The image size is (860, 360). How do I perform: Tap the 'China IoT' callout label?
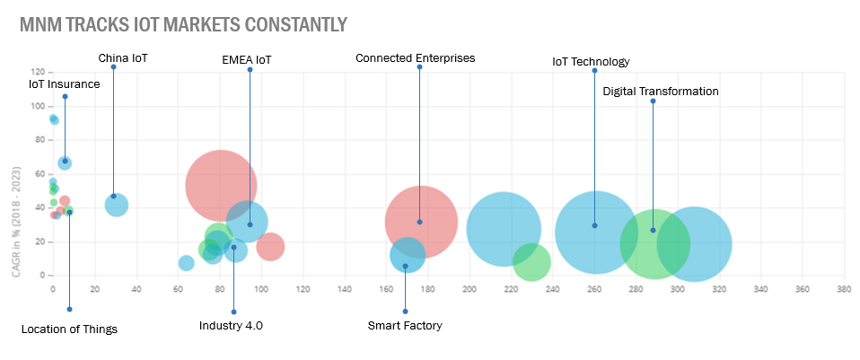point(122,58)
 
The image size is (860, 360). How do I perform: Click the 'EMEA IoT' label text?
point(246,61)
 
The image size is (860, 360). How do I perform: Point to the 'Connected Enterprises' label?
point(415,58)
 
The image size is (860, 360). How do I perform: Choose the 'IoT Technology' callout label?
point(591,62)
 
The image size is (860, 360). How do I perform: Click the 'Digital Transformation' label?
point(661,92)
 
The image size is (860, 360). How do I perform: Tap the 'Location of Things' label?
point(69,329)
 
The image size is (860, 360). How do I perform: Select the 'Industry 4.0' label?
point(231,325)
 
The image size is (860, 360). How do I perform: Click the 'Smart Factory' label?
point(405,326)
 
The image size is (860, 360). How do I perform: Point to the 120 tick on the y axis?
point(38,72)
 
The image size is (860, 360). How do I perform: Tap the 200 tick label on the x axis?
point(469,289)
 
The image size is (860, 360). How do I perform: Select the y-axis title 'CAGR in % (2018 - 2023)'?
point(17,206)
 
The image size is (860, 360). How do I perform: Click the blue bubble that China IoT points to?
point(117,205)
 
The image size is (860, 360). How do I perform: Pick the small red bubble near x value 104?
point(269,246)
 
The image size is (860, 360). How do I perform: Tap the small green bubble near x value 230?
point(531,262)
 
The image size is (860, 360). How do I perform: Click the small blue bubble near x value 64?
point(186,263)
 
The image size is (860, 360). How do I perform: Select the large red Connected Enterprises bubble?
point(421,221)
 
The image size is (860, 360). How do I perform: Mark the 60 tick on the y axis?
point(40,174)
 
